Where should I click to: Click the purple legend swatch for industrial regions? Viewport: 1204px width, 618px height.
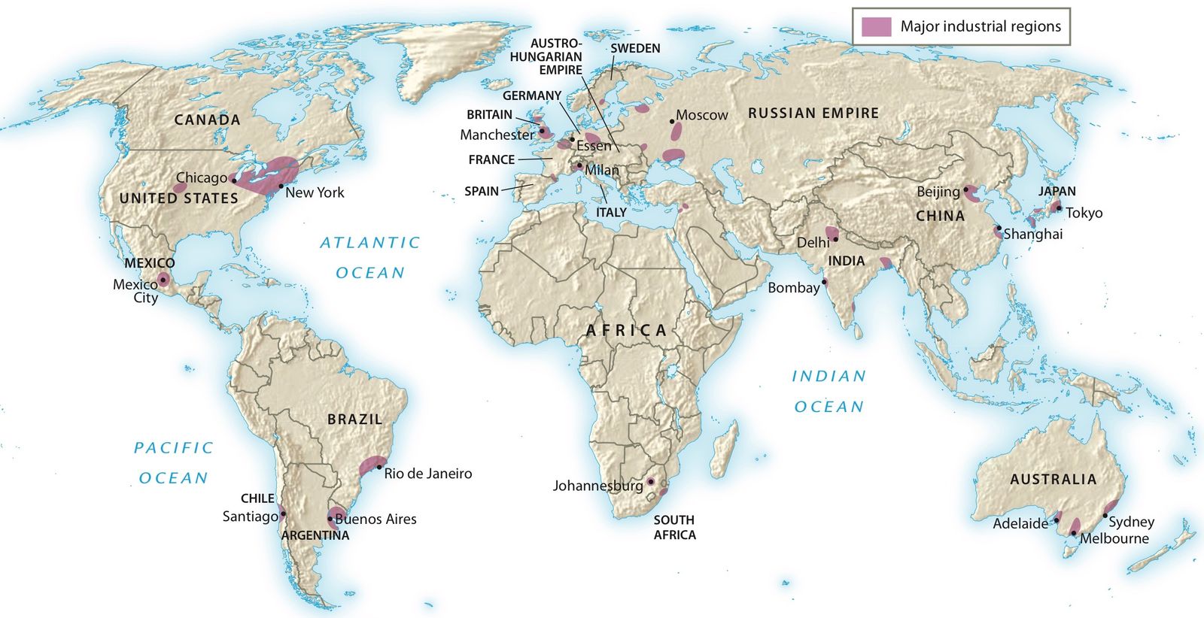click(x=877, y=27)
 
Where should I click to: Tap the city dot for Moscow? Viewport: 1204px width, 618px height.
click(x=671, y=120)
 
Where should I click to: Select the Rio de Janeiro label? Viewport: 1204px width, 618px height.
click(x=427, y=474)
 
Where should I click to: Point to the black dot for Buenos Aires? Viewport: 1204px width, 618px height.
click(x=330, y=519)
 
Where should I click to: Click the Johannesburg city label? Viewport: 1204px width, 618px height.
click(x=597, y=486)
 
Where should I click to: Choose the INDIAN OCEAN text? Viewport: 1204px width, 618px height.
click(x=829, y=391)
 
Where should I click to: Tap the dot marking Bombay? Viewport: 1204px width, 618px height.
click(x=825, y=282)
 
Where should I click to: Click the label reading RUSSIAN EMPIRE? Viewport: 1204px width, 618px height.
click(x=813, y=114)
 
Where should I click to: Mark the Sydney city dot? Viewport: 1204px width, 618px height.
click(x=1105, y=516)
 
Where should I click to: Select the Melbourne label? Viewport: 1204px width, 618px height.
click(x=1114, y=538)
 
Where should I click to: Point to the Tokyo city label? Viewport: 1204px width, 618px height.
click(x=1084, y=213)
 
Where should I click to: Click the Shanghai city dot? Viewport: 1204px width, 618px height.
click(x=999, y=228)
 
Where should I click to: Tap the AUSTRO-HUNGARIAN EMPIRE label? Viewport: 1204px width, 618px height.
click(x=546, y=56)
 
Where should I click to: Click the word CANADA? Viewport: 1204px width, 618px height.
click(x=207, y=120)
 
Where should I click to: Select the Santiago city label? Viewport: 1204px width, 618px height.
click(x=250, y=517)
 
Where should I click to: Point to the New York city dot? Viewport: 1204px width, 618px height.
click(x=281, y=186)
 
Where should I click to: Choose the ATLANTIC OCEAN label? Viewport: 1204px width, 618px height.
click(x=369, y=257)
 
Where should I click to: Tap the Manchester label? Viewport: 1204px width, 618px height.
click(x=497, y=135)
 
